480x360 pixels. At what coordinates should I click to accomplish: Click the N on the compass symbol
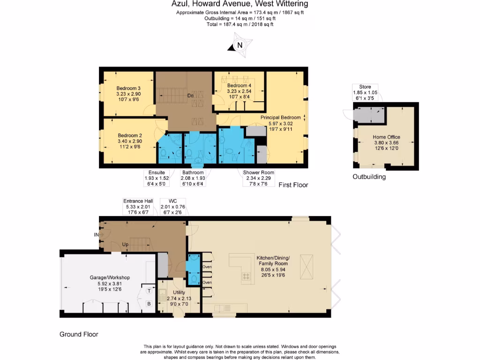(x=240, y=45)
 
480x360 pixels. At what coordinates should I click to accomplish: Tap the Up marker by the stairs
(x=125, y=245)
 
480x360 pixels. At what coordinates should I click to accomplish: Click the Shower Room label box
(x=258, y=178)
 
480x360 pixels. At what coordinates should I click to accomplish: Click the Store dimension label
(x=365, y=93)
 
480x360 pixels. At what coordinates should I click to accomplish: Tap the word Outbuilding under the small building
(x=369, y=177)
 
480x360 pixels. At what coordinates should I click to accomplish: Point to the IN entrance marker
(x=97, y=234)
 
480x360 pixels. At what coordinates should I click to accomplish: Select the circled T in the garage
(x=149, y=291)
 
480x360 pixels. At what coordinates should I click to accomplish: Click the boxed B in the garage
(x=149, y=304)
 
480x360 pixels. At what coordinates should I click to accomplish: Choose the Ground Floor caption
(x=79, y=334)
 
